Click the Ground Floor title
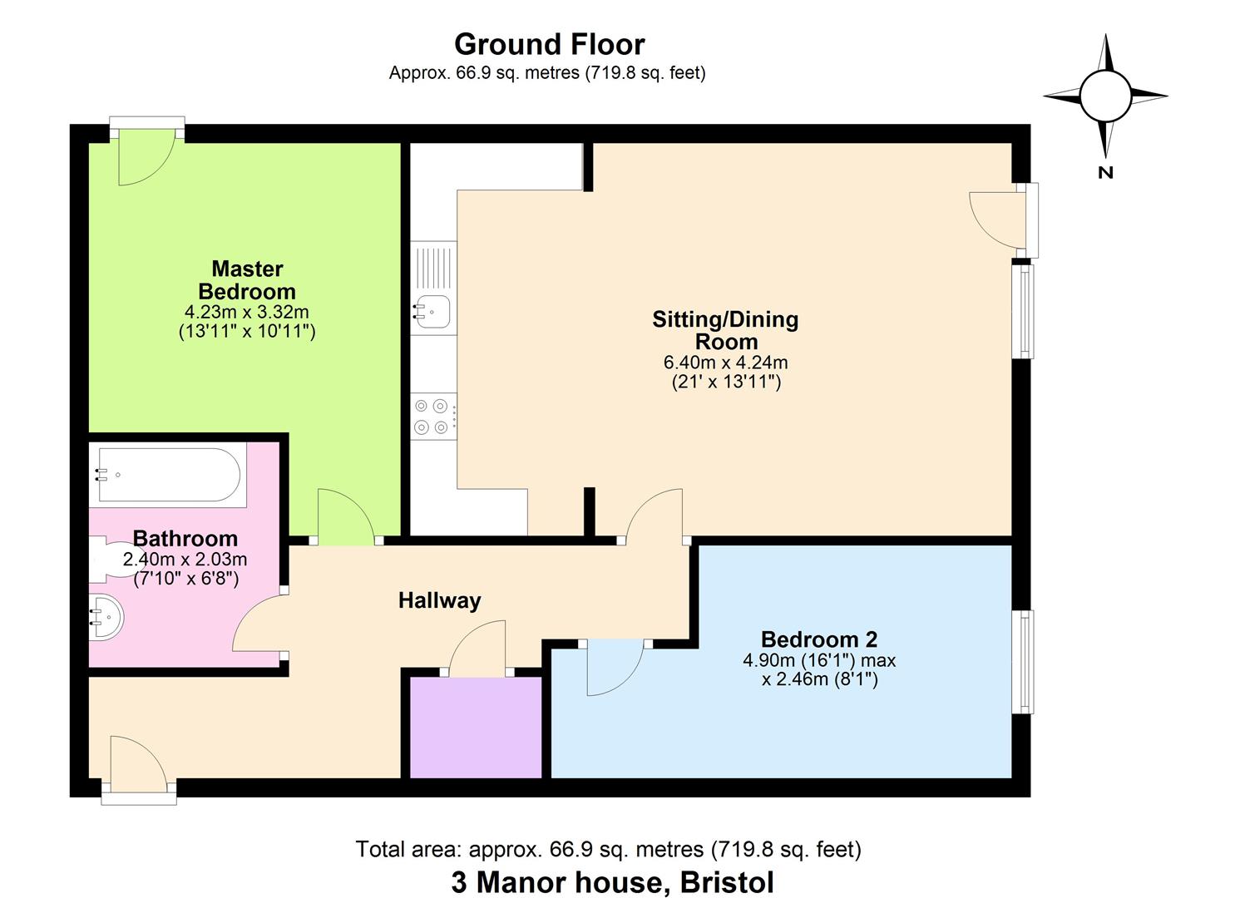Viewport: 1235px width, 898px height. click(x=549, y=43)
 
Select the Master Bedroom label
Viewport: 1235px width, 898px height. click(x=247, y=280)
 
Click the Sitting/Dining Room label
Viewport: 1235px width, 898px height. click(x=725, y=330)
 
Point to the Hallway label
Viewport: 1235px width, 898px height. click(x=439, y=600)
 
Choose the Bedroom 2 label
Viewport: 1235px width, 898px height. click(x=819, y=639)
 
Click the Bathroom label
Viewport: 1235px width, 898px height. click(x=185, y=538)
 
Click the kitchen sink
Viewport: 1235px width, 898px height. click(x=432, y=311)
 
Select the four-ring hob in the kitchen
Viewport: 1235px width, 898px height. click(x=433, y=417)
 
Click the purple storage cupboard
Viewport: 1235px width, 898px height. click(x=476, y=728)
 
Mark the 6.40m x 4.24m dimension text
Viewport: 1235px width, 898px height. click(x=725, y=363)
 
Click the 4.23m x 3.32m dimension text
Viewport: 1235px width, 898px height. click(x=247, y=313)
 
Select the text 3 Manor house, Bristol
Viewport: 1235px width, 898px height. click(x=612, y=882)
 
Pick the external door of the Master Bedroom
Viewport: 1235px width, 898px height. click(x=146, y=155)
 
